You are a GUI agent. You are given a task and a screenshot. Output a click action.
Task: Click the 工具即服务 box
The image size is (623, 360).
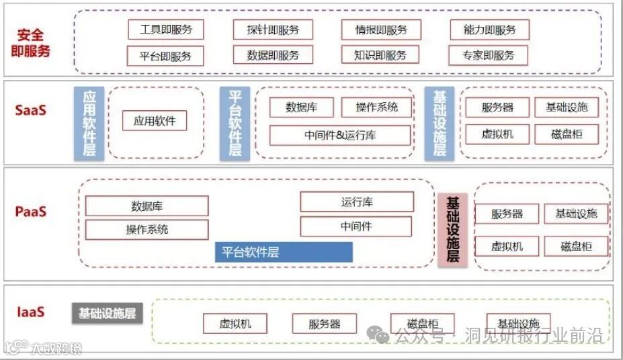pyautogui.click(x=165, y=30)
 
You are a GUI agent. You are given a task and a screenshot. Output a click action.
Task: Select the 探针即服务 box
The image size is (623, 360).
pyautogui.click(x=273, y=30)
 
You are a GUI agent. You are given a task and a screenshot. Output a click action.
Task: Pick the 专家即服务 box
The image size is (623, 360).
pyautogui.click(x=489, y=56)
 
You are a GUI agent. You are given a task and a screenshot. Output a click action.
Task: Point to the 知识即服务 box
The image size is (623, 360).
pyautogui.click(x=380, y=56)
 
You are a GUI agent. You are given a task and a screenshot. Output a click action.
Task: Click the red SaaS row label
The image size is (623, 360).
pyautogui.click(x=31, y=110)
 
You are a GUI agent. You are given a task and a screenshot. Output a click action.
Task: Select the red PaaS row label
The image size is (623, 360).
pyautogui.click(x=31, y=212)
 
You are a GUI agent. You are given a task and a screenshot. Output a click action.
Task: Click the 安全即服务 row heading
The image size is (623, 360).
pyautogui.click(x=31, y=42)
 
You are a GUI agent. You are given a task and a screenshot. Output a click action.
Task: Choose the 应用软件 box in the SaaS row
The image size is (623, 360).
pyautogui.click(x=155, y=121)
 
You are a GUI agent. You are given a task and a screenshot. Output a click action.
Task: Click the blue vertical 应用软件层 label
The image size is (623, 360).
pyautogui.click(x=89, y=124)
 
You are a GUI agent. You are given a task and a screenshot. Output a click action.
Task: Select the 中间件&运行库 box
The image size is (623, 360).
pyautogui.click(x=339, y=135)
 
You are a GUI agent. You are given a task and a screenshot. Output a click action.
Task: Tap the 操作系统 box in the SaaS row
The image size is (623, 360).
pyautogui.click(x=376, y=107)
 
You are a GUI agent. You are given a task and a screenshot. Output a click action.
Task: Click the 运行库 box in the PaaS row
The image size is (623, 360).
pyautogui.click(x=356, y=201)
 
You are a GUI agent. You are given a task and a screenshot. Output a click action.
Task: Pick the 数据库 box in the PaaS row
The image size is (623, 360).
pyautogui.click(x=147, y=206)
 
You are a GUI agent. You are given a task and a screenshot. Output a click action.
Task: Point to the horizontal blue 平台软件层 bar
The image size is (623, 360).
pyautogui.click(x=284, y=253)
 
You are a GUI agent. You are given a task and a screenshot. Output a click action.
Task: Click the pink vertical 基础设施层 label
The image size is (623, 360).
pyautogui.click(x=452, y=229)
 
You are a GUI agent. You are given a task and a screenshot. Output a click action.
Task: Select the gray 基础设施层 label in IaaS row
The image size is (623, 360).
pyautogui.click(x=107, y=313)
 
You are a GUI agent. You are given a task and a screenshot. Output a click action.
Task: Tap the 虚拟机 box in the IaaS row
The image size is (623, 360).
pyautogui.click(x=235, y=324)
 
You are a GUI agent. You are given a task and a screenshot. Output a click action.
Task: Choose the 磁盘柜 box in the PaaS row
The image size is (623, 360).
pyautogui.click(x=576, y=246)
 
